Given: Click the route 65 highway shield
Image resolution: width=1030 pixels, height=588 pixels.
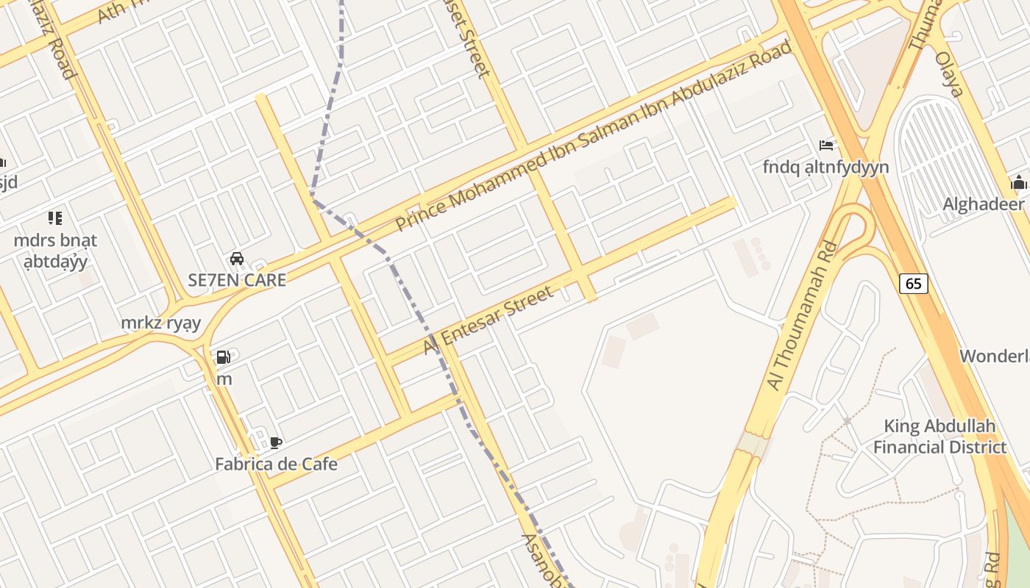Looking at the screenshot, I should coord(913,284).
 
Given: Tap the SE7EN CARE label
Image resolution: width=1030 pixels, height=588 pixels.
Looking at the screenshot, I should coord(237,280).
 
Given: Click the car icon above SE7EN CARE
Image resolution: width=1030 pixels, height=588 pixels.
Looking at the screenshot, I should coord(237,259).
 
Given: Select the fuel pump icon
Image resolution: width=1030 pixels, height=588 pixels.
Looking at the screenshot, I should coord(223,358).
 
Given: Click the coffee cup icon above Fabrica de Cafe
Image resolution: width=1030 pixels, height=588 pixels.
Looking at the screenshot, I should coord(276,442).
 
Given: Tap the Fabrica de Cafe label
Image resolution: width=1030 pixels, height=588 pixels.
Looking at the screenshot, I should coord(276,465).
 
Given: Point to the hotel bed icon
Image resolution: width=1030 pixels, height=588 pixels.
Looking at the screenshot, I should coord(826,146).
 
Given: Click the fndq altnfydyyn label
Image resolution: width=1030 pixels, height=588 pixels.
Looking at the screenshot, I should coord(825,168).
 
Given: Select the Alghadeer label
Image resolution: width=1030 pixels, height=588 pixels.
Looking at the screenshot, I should coord(984,204).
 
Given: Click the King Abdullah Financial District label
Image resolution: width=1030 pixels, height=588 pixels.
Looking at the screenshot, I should coord(940,437).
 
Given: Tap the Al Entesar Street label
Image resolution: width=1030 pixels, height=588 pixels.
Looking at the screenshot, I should coord(489,320).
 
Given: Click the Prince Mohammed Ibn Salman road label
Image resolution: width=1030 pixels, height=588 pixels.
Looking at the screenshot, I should coord(594,135).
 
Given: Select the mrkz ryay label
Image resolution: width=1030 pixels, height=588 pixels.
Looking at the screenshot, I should coord(160,323).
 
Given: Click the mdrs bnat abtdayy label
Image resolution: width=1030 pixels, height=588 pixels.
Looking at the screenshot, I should coord(55,251).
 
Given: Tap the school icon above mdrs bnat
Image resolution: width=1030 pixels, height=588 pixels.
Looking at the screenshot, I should coord(55,218).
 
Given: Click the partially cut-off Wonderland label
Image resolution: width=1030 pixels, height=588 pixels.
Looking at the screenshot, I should coord(995,356).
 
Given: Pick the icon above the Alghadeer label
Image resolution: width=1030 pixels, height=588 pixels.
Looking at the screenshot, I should coord(1018,182).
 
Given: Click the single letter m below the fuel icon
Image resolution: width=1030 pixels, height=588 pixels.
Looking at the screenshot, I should coord(224,380).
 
